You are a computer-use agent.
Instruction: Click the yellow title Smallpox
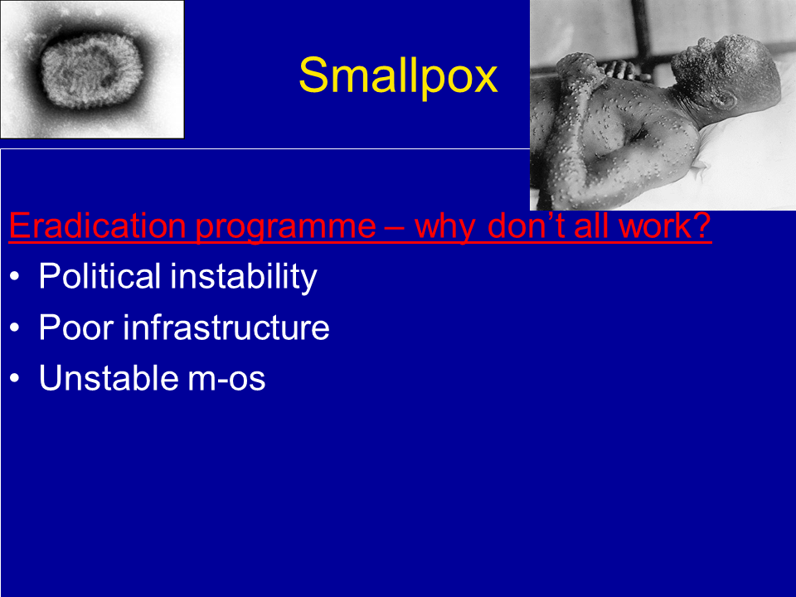[x=398, y=76]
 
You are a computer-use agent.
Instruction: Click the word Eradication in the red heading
[x=98, y=226]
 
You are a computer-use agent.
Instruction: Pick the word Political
[x=99, y=276]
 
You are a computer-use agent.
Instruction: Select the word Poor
[x=76, y=328]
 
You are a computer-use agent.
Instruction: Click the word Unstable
[x=108, y=378]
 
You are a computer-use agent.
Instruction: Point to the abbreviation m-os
[x=226, y=381]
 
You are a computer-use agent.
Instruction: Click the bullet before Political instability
[x=14, y=277]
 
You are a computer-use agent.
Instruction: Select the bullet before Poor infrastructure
[x=14, y=328]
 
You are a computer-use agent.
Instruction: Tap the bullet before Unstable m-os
[x=14, y=379]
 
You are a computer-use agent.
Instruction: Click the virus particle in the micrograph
[x=91, y=70]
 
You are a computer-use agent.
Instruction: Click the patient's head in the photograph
[x=726, y=71]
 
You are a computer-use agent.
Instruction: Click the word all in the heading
[x=591, y=226]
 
